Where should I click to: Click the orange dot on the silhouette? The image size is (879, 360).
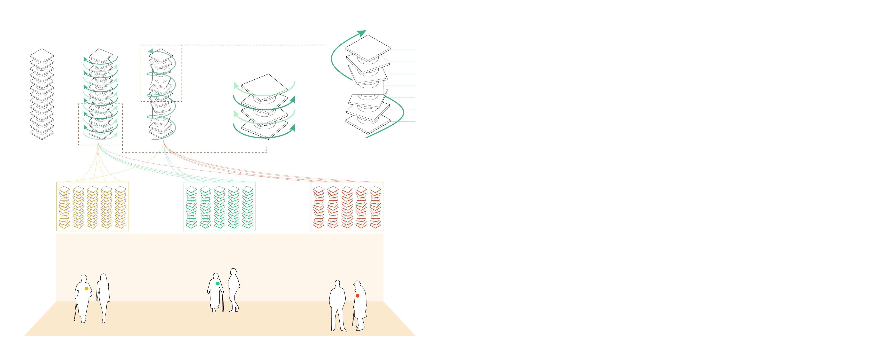(x=86, y=289)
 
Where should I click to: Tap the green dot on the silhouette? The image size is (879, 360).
(x=218, y=284)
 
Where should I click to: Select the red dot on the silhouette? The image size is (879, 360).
(x=357, y=296)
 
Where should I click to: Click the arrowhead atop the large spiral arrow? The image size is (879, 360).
(x=362, y=33)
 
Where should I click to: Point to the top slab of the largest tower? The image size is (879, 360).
(x=368, y=48)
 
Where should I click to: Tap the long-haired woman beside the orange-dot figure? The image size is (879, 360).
(x=103, y=297)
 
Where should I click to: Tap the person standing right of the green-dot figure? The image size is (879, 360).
(x=234, y=290)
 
